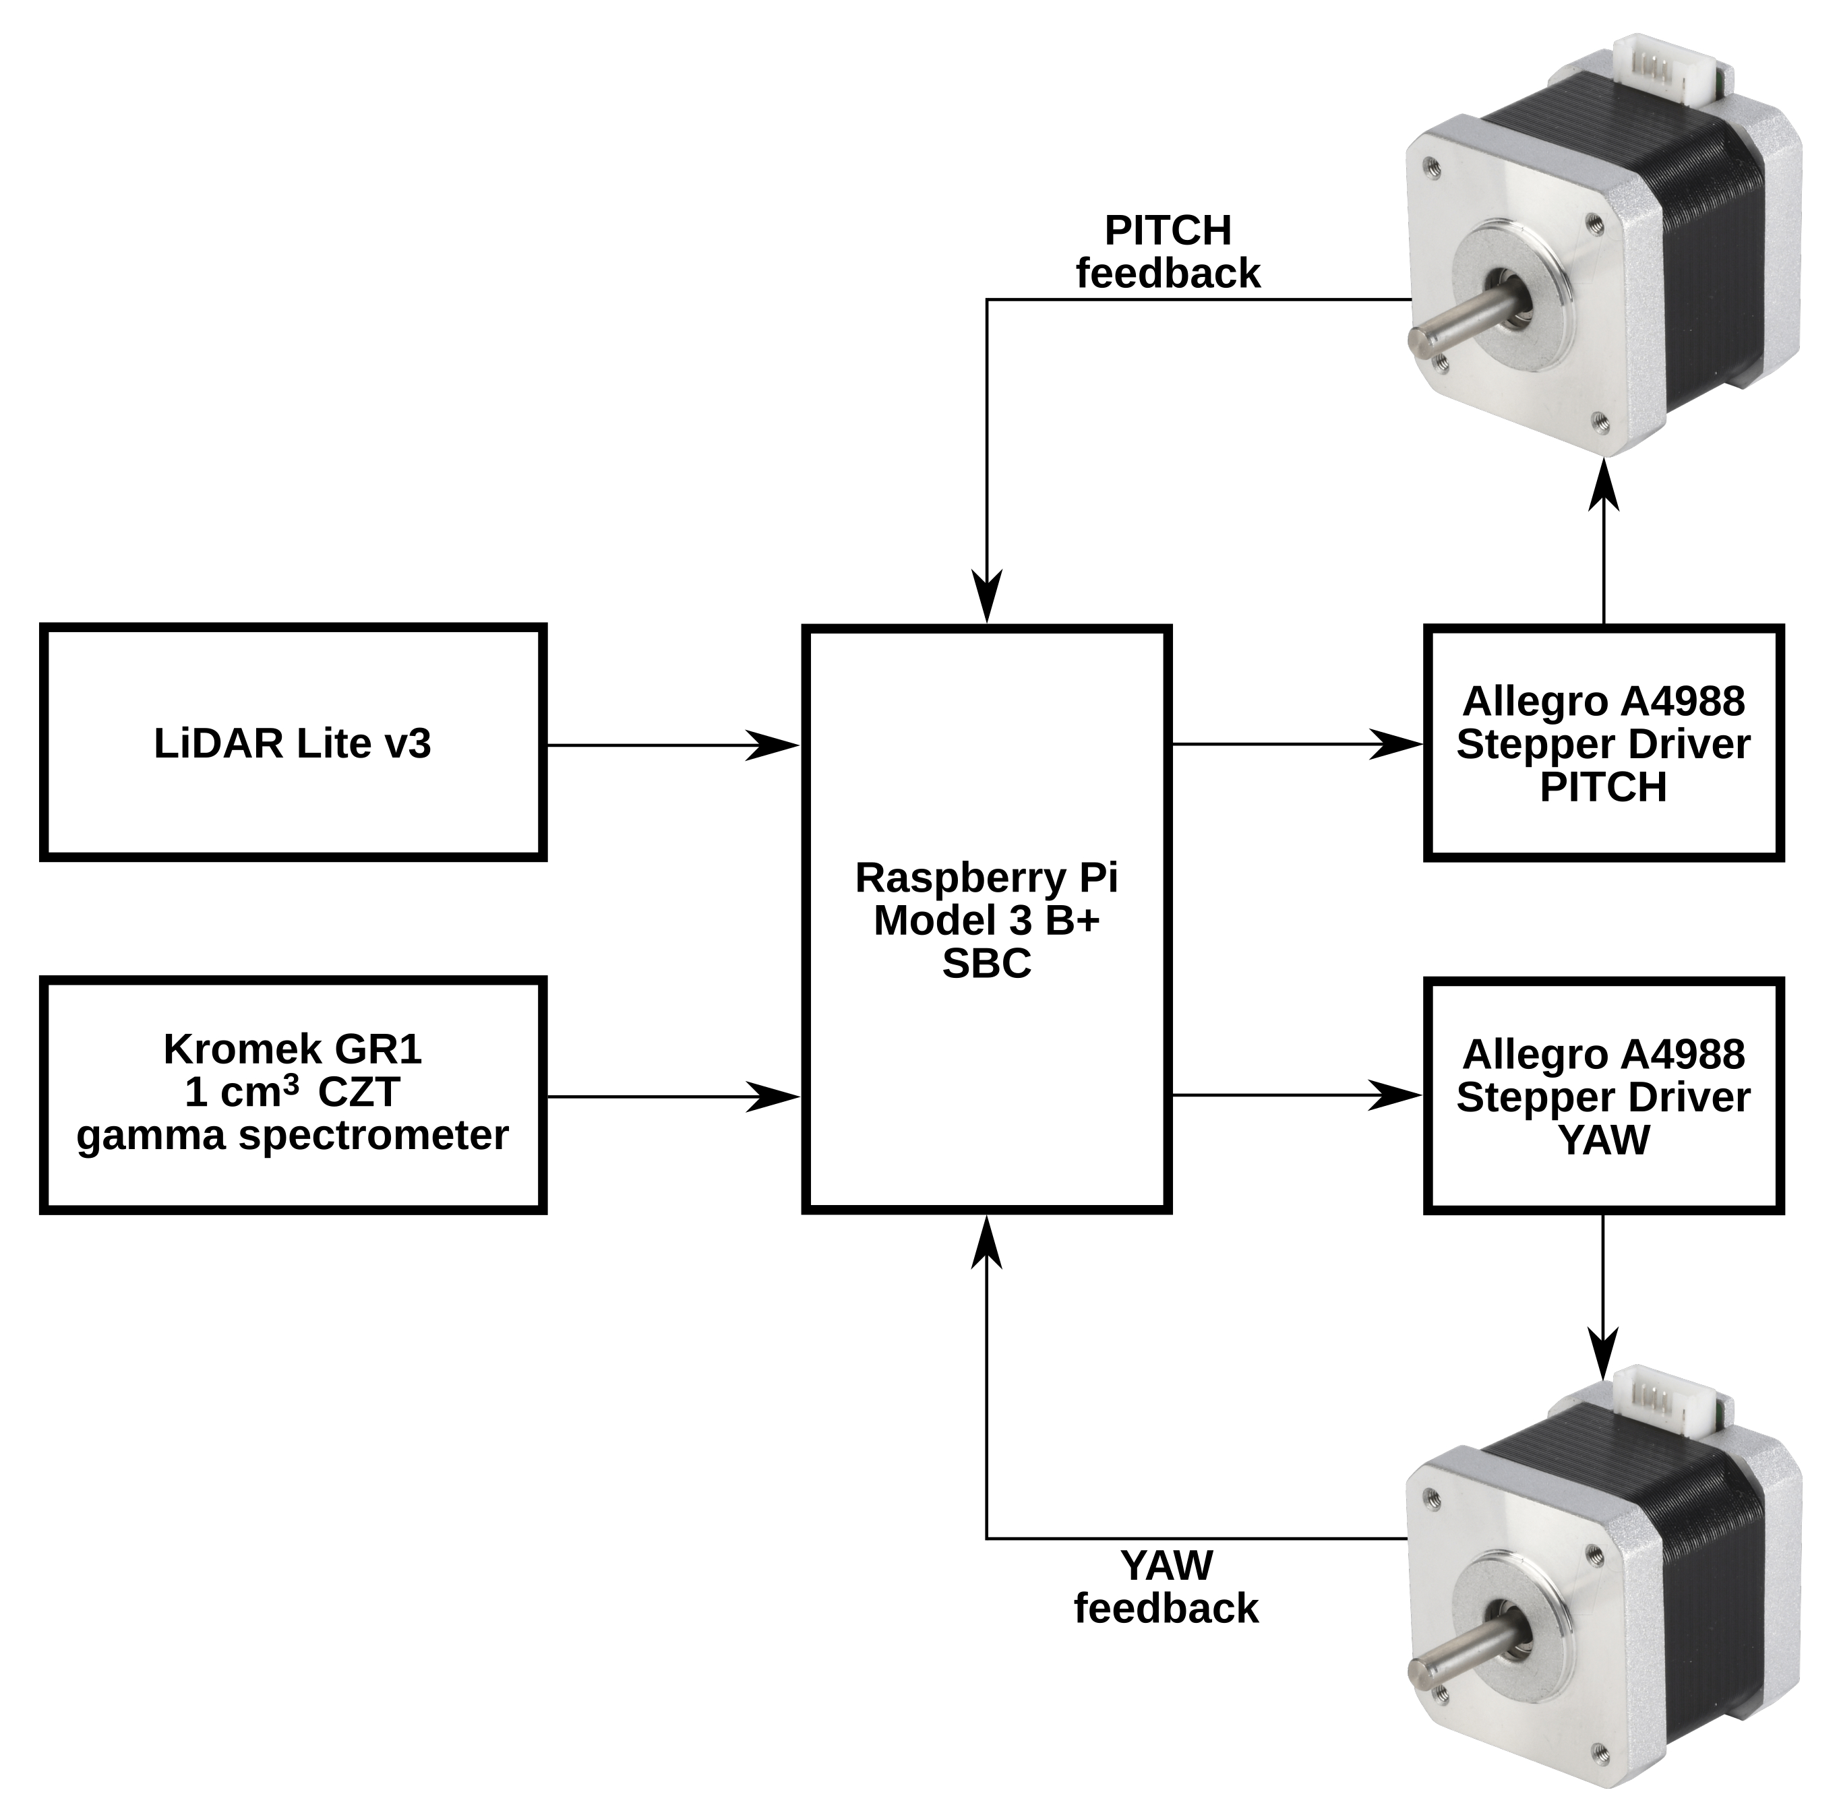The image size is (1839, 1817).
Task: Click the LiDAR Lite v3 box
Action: click(292, 743)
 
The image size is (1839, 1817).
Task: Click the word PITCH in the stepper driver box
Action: click(1603, 788)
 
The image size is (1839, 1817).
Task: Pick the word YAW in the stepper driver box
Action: click(1603, 1140)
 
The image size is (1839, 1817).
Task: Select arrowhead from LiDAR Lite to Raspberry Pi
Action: click(773, 745)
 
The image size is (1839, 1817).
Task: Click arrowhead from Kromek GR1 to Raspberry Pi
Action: click(773, 1097)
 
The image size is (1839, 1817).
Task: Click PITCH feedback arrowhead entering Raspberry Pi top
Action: click(986, 598)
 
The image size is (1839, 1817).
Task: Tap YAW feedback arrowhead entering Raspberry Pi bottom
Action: click(986, 1243)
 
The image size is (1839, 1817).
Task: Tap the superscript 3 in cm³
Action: click(292, 1082)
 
